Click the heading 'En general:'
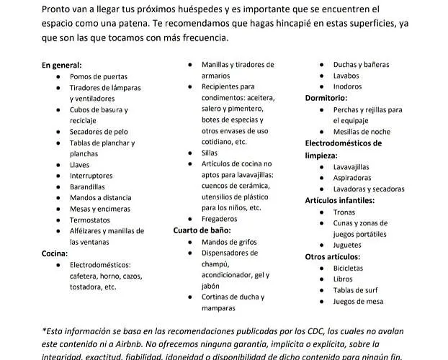[x=61, y=65]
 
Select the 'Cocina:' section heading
[x=55, y=253]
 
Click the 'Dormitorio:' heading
[x=326, y=98]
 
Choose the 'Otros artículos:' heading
[x=332, y=256]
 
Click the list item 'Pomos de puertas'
[x=99, y=76]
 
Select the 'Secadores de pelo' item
[x=99, y=132]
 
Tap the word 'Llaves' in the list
[x=80, y=165]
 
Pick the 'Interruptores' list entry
[x=91, y=176]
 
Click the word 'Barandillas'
[x=87, y=187]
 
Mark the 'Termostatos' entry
[x=89, y=220]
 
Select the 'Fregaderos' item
[x=220, y=219]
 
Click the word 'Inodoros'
[x=347, y=87]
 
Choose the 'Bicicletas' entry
[x=348, y=268]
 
